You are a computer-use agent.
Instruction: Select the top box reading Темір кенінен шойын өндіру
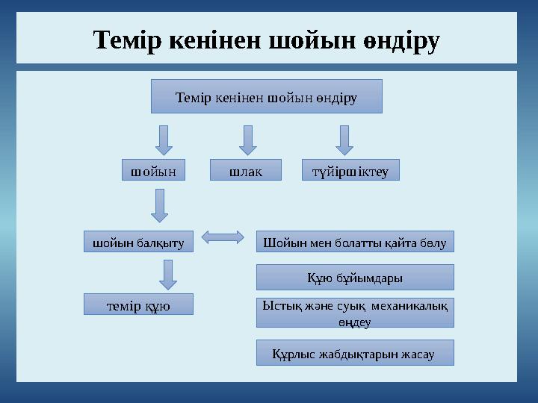266,96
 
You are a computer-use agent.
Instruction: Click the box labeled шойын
153,170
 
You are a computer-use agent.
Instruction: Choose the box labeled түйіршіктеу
350,170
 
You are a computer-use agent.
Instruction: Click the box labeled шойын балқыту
137,241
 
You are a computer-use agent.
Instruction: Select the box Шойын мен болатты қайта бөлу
355,241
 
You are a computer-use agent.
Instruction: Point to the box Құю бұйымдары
355,277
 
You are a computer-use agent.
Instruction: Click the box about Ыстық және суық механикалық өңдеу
355,313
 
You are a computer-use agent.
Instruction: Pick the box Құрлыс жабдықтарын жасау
355,353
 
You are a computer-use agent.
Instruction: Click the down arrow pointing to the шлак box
248,140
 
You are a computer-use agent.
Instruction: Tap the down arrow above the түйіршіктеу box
344,140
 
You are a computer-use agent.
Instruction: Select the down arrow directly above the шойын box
164,140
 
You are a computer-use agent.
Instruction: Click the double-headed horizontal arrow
223,238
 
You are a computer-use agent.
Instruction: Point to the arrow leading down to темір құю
169,274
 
